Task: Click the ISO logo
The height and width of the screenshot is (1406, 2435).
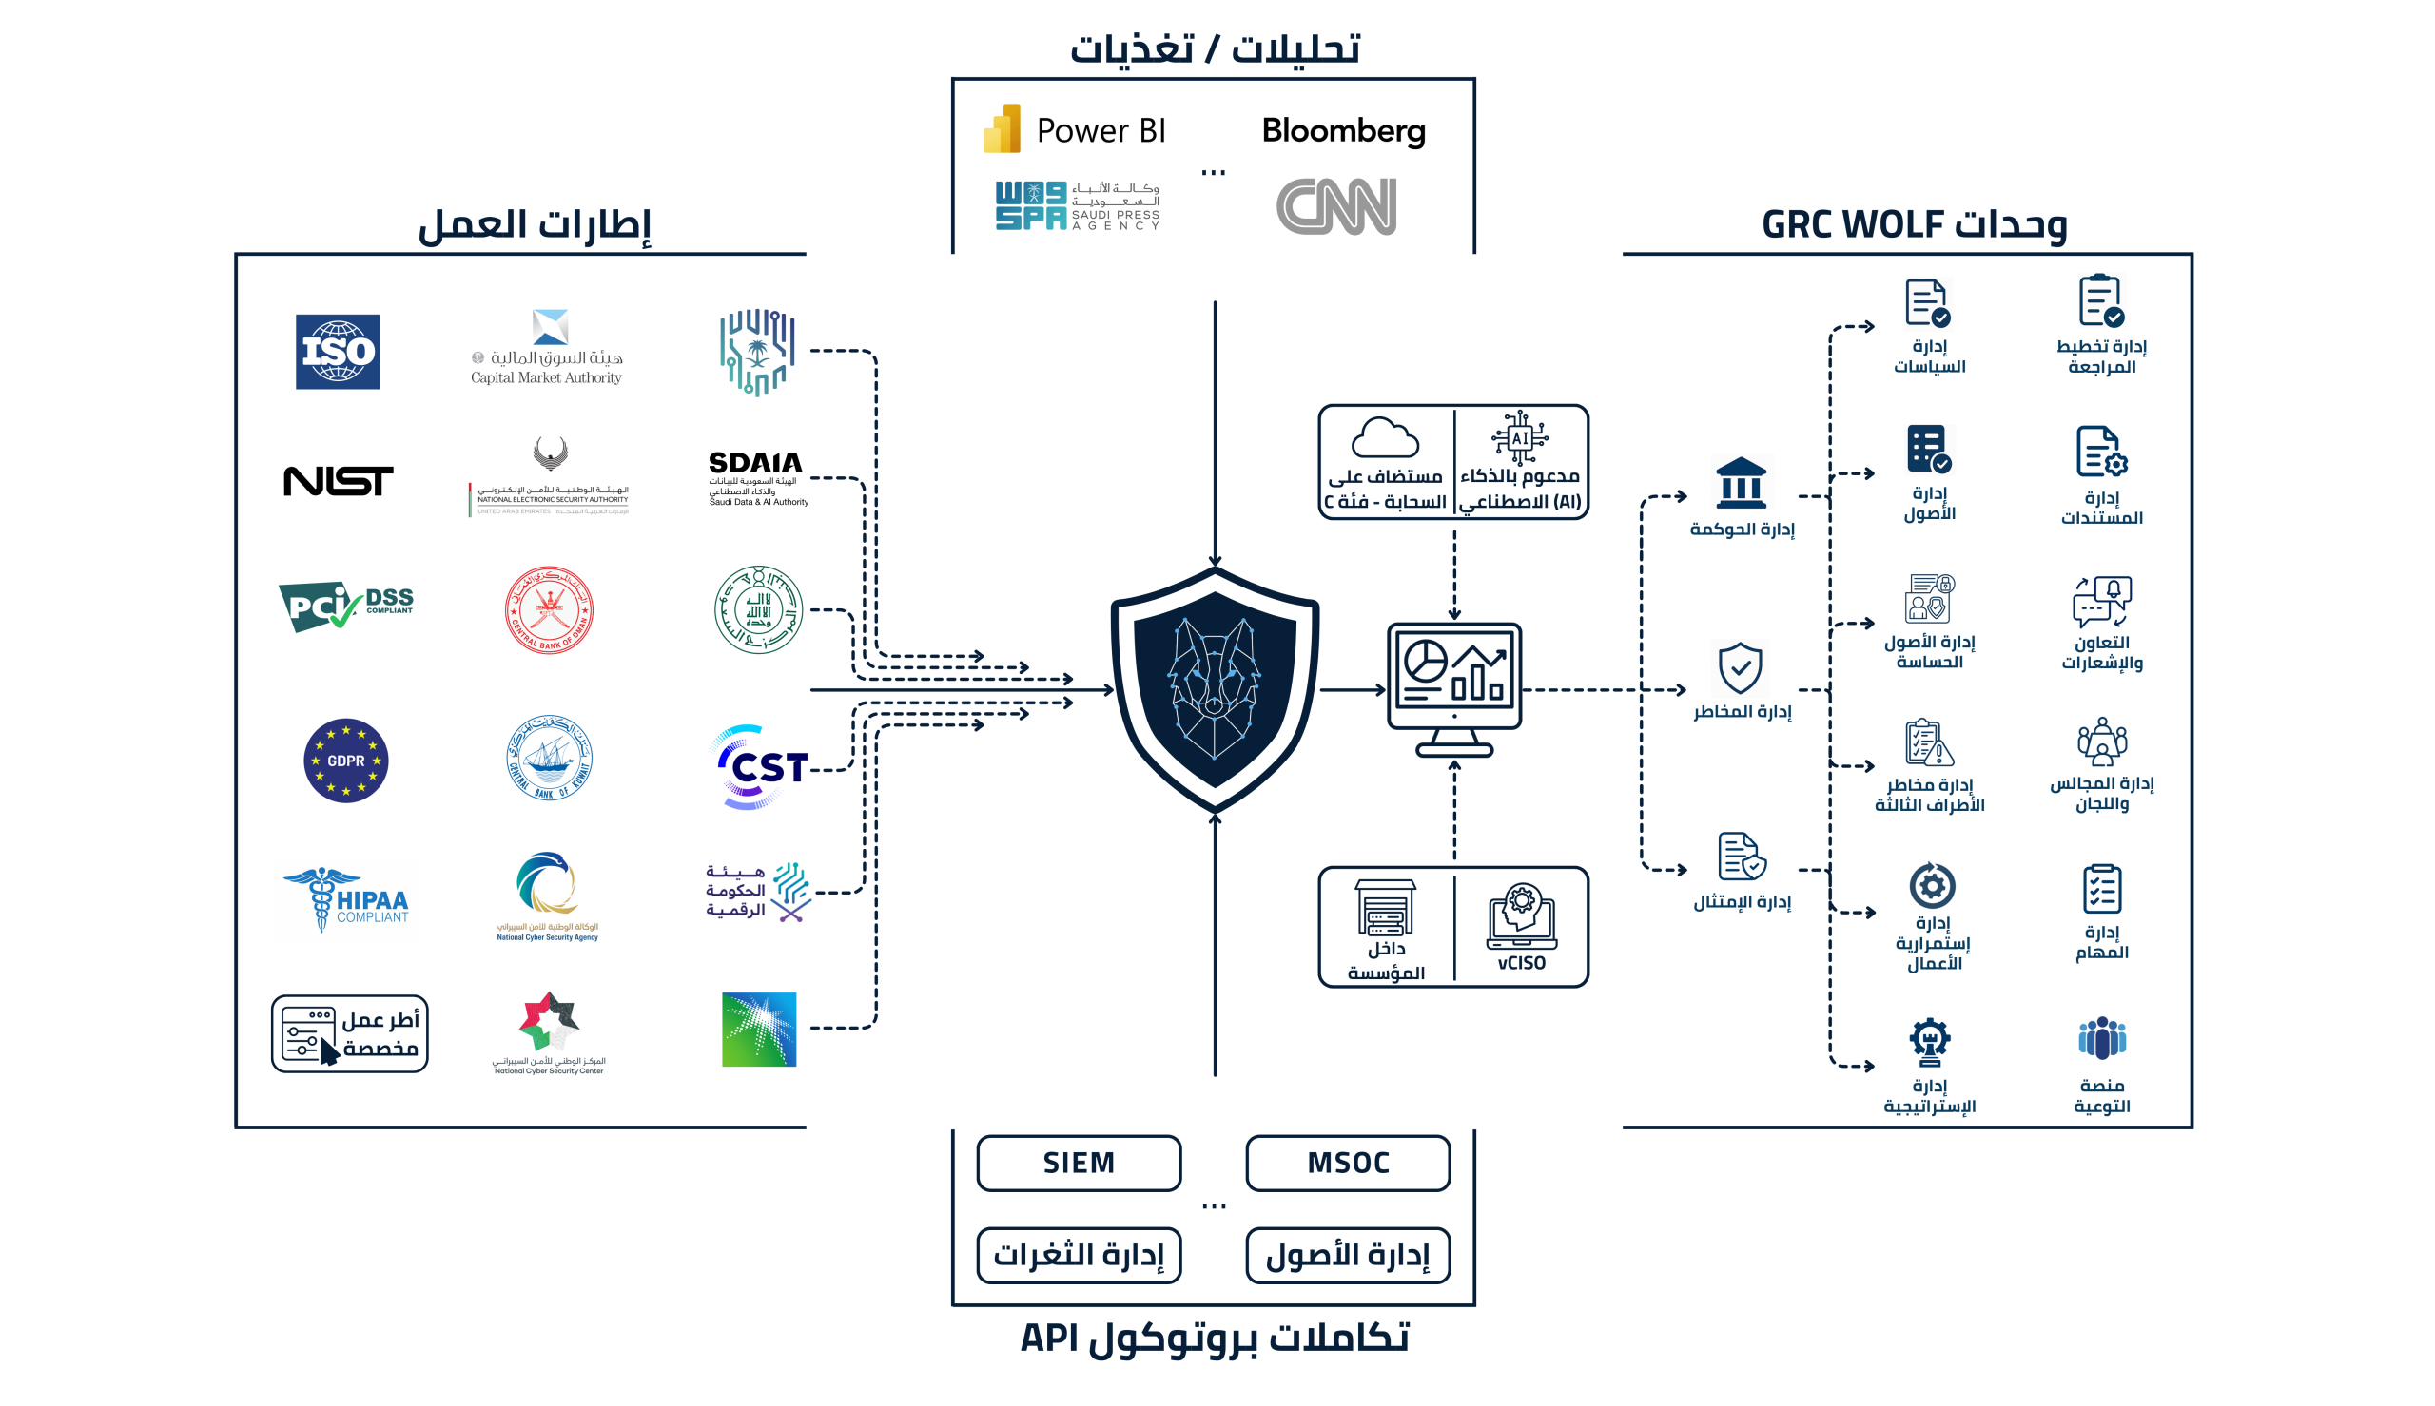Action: [337, 352]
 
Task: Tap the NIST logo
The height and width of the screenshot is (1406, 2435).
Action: [338, 481]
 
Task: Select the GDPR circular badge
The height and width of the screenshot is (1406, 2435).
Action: [345, 760]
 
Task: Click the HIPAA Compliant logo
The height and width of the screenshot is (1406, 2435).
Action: [347, 899]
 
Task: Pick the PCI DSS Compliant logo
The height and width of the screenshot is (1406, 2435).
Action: [345, 606]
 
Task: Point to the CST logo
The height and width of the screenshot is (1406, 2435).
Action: [760, 768]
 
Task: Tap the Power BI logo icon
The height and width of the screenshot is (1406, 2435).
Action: [1002, 128]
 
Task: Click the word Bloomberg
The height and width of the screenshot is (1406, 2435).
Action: [1343, 130]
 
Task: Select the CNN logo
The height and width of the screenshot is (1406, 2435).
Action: [1335, 205]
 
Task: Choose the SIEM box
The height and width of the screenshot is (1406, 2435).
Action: [1078, 1163]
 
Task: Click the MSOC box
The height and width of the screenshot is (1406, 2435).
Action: [1348, 1163]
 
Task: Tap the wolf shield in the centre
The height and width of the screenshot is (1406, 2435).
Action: [1214, 689]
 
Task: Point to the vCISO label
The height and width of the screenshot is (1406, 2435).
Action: [1521, 963]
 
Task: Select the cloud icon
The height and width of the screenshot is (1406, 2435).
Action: [1384, 438]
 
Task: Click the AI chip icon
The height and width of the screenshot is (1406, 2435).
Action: [1519, 437]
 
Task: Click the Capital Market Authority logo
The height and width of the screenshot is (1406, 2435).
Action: [548, 349]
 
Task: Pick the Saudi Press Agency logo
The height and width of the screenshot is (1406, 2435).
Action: [1077, 205]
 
